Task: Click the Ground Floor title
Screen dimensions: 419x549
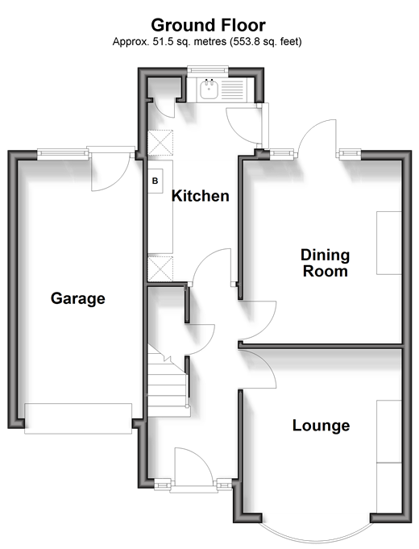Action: [208, 26]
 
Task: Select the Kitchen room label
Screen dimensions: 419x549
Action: [200, 196]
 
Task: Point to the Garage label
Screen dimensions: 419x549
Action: [77, 298]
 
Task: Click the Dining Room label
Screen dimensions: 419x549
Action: [326, 263]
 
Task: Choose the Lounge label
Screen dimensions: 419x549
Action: [321, 426]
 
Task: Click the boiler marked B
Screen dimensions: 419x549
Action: [155, 181]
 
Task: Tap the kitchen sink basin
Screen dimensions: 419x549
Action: [209, 89]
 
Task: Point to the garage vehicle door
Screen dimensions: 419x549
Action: [78, 418]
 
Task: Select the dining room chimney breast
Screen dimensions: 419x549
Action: [389, 243]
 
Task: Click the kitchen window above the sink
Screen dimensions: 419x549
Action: [207, 70]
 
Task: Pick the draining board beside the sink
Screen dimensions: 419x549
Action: [232, 89]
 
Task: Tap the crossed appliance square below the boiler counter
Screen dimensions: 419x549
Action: [160, 269]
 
